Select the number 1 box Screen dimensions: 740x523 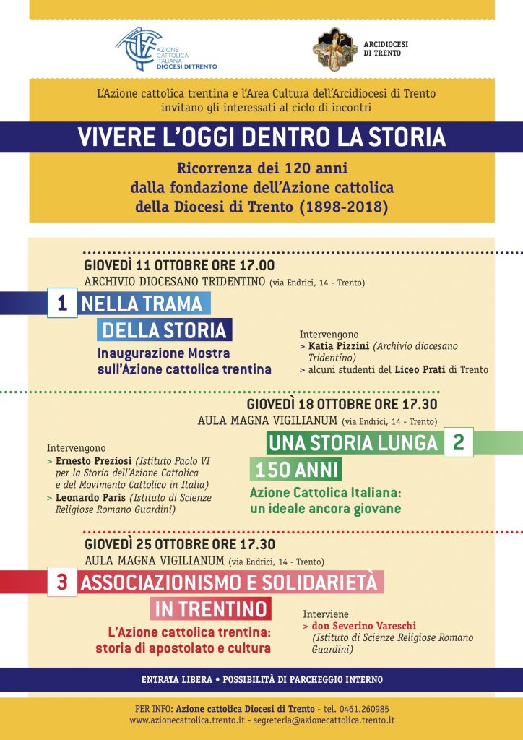pyautogui.click(x=62, y=304)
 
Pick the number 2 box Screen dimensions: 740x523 pyautogui.click(x=458, y=442)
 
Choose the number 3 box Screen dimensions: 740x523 pyautogui.click(x=62, y=583)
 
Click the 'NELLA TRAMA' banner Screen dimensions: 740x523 pyautogui.click(x=142, y=304)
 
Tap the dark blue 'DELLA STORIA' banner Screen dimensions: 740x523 pyautogui.click(x=165, y=331)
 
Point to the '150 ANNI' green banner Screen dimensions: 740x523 pyautogui.click(x=296, y=470)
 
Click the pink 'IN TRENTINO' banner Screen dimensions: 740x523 pyautogui.click(x=212, y=609)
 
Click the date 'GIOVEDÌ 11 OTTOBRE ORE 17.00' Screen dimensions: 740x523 pyautogui.click(x=179, y=265)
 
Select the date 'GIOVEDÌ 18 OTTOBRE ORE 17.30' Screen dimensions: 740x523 pyautogui.click(x=342, y=405)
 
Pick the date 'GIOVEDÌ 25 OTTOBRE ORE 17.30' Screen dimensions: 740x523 pyautogui.click(x=180, y=545)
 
